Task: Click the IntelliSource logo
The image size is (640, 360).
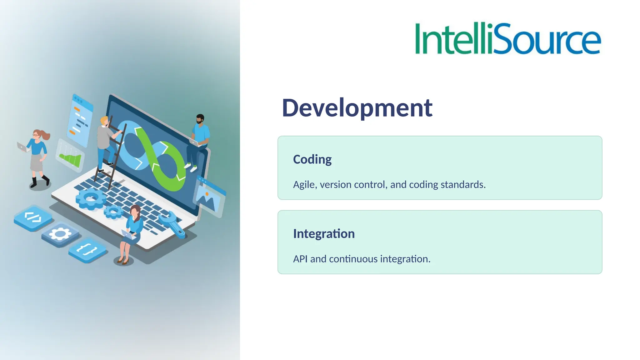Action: pyautogui.click(x=507, y=39)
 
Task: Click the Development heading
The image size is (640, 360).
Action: pyautogui.click(x=357, y=108)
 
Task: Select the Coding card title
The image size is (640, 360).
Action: pyautogui.click(x=312, y=159)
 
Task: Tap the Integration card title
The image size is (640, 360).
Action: pyautogui.click(x=324, y=234)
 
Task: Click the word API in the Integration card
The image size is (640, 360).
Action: pyautogui.click(x=300, y=259)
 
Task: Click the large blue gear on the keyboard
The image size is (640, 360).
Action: pyautogui.click(x=91, y=199)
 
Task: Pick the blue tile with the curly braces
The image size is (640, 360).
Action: pyautogui.click(x=87, y=250)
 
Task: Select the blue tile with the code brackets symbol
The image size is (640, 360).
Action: pyautogui.click(x=33, y=218)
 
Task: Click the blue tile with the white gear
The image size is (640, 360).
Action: pyautogui.click(x=60, y=234)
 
